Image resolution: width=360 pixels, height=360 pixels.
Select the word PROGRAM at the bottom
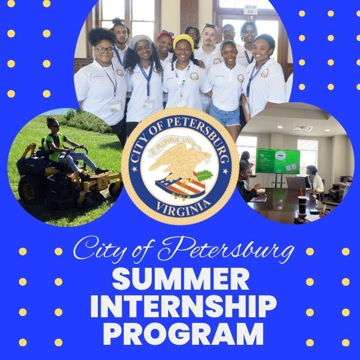180,333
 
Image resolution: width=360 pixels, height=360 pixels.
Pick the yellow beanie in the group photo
183,40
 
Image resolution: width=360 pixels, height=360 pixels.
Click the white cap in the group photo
138,41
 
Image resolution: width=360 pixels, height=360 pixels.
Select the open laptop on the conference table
294,183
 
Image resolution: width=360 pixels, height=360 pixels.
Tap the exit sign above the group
250,8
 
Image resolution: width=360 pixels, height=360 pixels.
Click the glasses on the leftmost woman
104,50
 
